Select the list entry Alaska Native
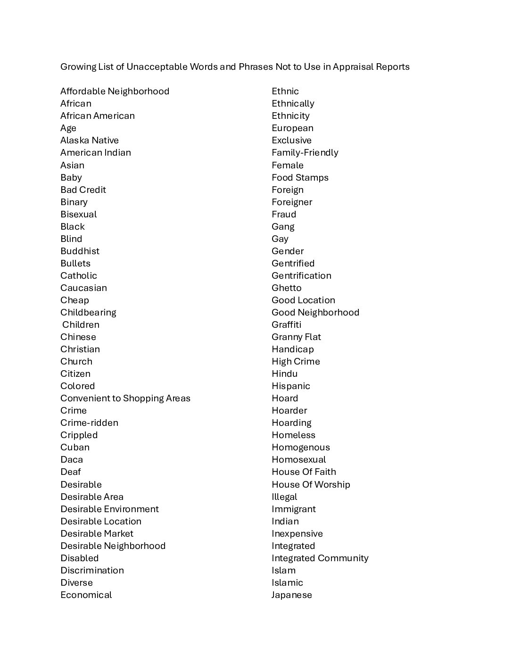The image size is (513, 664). [x=90, y=140]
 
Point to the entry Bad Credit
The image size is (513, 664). [x=83, y=190]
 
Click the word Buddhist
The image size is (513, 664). [x=80, y=251]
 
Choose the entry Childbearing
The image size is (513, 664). [x=88, y=312]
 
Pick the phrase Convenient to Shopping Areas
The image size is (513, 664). [x=125, y=398]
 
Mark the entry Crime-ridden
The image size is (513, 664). [x=89, y=423]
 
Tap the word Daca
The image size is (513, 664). [x=72, y=459]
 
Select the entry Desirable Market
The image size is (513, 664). [x=97, y=533]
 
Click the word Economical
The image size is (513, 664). [x=86, y=595]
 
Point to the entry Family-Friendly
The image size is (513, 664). [x=305, y=152]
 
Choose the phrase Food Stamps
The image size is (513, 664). [x=300, y=177]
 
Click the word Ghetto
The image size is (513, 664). [x=286, y=288]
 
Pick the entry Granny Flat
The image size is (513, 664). [x=296, y=337]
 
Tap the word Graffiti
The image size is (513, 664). [x=286, y=324]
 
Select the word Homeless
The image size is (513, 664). [x=293, y=435]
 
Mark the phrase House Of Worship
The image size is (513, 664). [x=311, y=484]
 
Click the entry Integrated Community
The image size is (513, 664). [x=320, y=558]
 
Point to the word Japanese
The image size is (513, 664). [x=291, y=595]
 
